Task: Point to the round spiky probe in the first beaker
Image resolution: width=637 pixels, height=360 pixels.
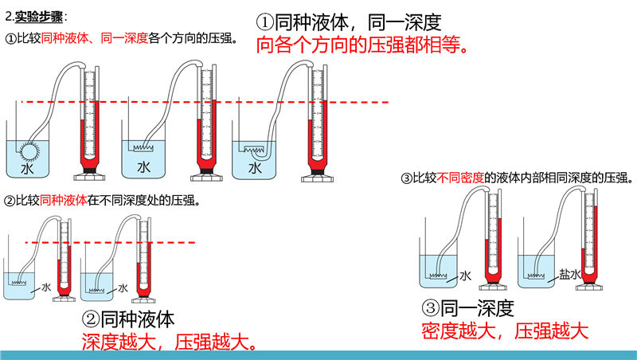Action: [30, 149]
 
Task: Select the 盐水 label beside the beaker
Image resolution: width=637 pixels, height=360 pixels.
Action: [569, 272]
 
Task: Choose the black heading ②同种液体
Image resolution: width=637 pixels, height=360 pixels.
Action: [127, 319]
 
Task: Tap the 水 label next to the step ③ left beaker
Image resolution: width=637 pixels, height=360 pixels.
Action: [465, 276]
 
